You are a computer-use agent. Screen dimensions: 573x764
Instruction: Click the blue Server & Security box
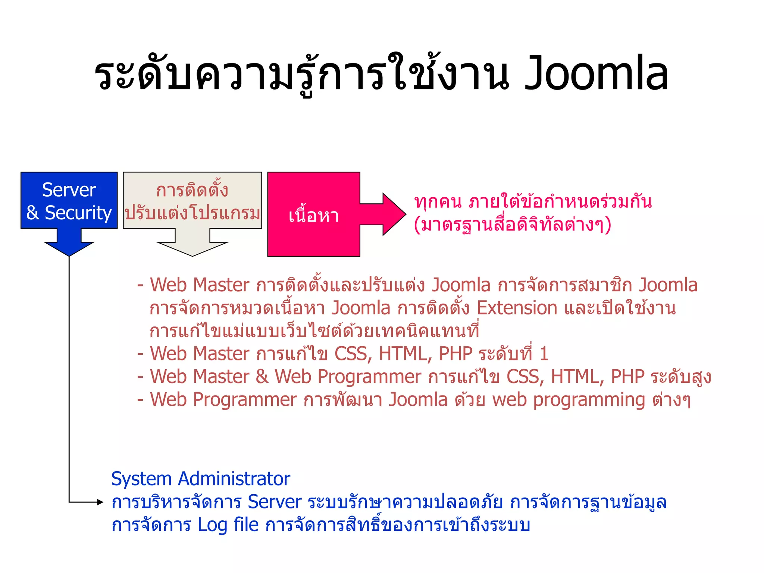[x=69, y=200]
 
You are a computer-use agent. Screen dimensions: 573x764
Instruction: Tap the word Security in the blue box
[x=78, y=213]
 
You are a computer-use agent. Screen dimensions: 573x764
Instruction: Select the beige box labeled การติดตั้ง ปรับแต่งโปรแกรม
[x=192, y=200]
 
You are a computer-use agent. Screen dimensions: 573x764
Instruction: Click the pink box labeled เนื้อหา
[x=313, y=215]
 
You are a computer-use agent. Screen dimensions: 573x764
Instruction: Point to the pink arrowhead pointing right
[x=394, y=214]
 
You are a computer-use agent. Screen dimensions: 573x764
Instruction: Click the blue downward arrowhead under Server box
[x=69, y=248]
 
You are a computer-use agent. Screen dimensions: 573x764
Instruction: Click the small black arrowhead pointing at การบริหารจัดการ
[x=100, y=502]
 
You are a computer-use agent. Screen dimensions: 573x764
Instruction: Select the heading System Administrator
[x=200, y=479]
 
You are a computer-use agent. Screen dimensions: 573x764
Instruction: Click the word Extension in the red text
[x=517, y=308]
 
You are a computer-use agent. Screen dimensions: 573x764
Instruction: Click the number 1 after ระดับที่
[x=544, y=354]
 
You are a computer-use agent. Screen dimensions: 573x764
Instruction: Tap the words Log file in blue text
[x=228, y=525]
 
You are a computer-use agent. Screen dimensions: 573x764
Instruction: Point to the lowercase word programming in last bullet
[x=589, y=400]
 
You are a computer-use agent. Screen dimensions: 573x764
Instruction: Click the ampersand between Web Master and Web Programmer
[x=262, y=377]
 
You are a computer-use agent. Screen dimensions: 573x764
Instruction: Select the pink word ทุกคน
[x=438, y=202]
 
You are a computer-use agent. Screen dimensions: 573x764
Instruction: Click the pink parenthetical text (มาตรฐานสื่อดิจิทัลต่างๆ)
[x=512, y=225]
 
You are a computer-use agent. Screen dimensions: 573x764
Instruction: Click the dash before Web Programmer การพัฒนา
[x=141, y=400]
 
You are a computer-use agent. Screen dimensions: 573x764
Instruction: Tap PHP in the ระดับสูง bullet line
[x=627, y=377]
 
